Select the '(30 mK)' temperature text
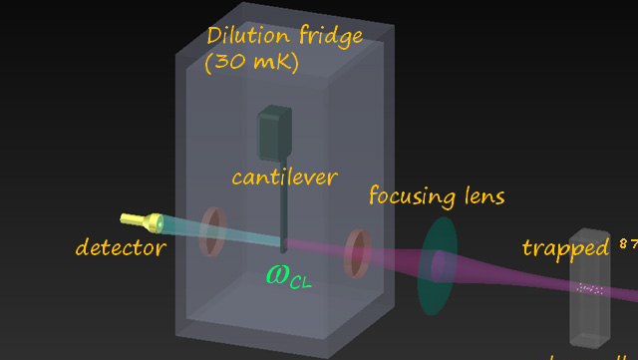tap(250, 63)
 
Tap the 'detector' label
tap(121, 247)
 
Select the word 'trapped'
tap(564, 247)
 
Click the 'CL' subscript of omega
tap(300, 281)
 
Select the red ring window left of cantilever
tap(210, 231)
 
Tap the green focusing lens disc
tap(438, 265)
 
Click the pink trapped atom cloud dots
tap(590, 289)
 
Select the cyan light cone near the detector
tap(179, 228)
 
